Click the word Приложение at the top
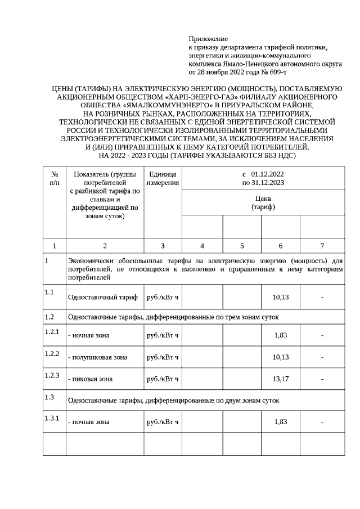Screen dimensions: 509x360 point(208,39)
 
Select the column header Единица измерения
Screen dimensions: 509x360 point(163,178)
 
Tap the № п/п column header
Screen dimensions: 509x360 point(55,178)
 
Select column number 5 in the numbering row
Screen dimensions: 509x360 point(242,246)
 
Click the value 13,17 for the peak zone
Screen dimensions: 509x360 point(280,379)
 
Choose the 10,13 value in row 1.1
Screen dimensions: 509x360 point(280,297)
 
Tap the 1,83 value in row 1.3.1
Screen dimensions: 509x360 point(280,422)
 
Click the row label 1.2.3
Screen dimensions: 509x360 point(52,375)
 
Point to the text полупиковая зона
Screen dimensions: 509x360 point(97,357)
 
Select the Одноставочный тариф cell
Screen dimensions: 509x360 point(102,297)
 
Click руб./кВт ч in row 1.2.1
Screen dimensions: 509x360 point(163,336)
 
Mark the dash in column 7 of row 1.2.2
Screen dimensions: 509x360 point(322,357)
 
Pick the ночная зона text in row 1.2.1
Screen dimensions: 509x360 point(88,336)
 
